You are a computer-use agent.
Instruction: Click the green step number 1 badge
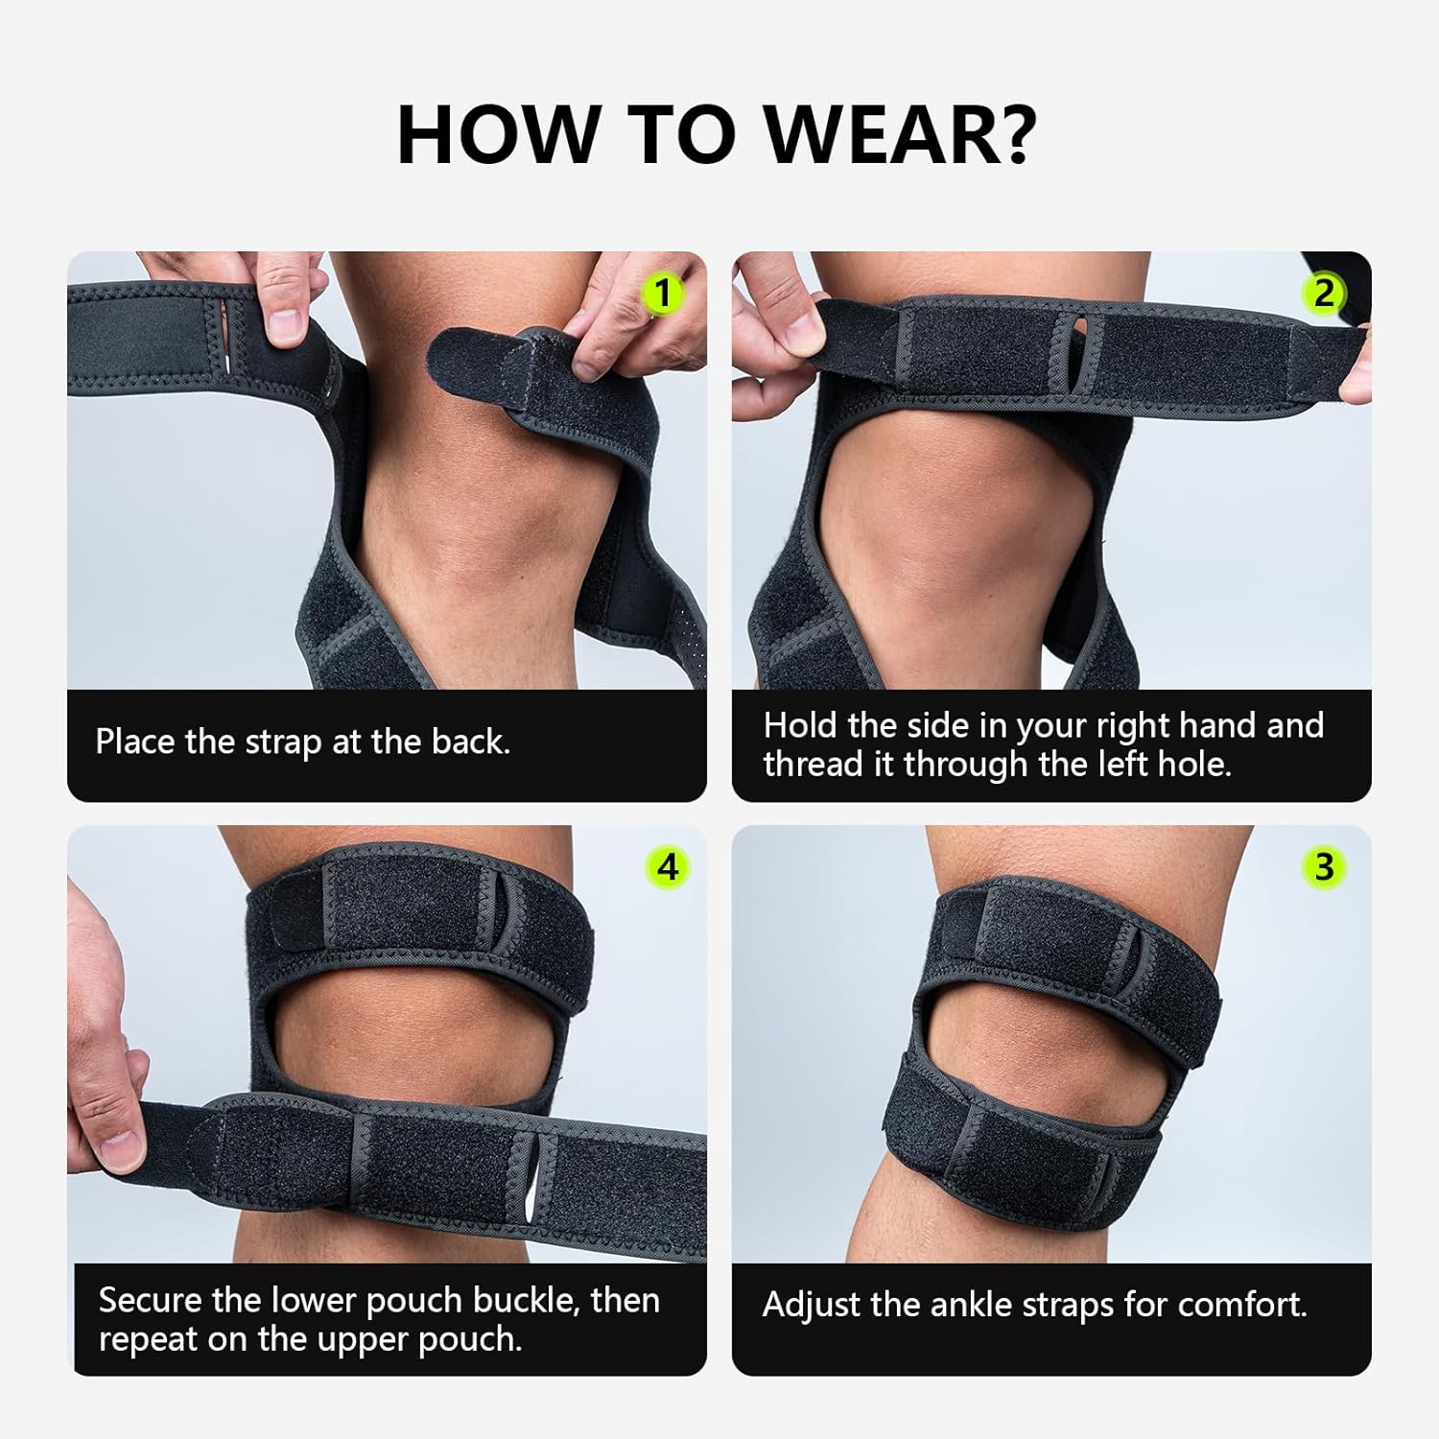(663, 293)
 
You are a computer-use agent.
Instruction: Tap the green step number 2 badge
(1324, 293)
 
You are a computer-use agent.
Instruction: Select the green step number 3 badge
(1324, 866)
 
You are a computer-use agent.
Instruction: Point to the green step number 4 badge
(668, 866)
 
